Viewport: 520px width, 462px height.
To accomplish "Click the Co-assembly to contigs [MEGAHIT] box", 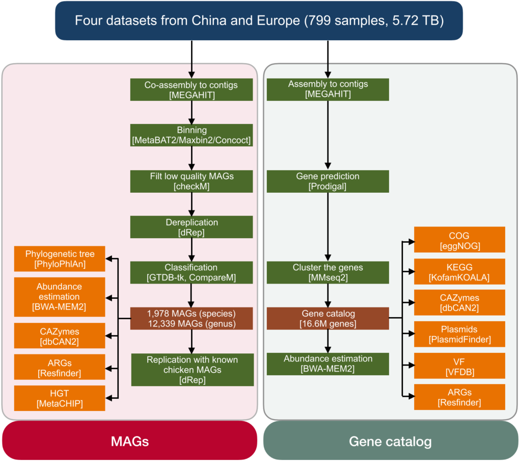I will tap(191, 90).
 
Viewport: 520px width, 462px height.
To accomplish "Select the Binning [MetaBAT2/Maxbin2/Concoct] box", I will tap(191, 135).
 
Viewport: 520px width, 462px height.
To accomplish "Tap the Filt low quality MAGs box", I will tap(191, 181).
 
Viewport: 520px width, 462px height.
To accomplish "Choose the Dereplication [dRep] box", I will tap(191, 227).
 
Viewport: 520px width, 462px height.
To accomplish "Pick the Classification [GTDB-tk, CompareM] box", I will tap(191, 273).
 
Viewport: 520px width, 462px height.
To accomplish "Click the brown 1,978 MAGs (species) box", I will tap(191, 318).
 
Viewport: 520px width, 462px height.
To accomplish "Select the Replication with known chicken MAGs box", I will tap(192, 369).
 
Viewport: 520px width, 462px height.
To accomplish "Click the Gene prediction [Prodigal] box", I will tap(327, 181).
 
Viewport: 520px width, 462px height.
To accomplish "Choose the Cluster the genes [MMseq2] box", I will tap(327, 273).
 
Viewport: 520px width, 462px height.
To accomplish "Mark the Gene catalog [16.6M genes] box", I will tap(327, 318).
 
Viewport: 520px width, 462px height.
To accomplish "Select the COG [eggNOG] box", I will tap(459, 240).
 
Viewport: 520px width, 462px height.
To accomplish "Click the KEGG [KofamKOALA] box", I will tap(459, 271).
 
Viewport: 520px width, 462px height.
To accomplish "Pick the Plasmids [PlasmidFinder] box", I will tap(459, 334).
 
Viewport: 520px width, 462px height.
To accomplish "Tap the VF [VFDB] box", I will tap(459, 366).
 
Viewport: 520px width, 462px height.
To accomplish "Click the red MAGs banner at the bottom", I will tap(129, 441).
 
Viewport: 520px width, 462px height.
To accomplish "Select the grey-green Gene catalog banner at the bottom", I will tap(390, 441).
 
